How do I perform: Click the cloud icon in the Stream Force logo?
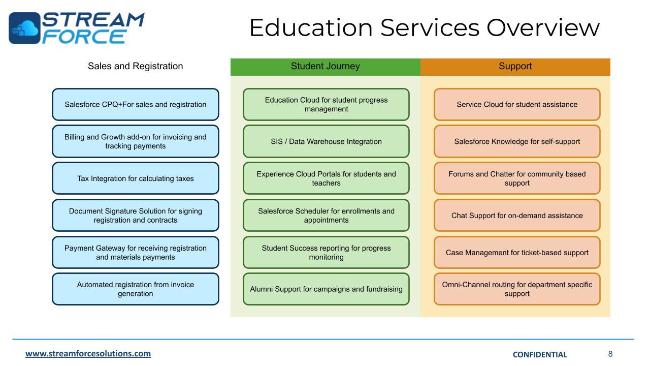[x=24, y=28]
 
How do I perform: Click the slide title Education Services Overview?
[x=424, y=27]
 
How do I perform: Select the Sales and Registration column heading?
[x=135, y=66]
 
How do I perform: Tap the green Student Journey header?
[x=325, y=67]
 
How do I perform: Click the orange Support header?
[x=515, y=67]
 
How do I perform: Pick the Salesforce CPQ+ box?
[x=136, y=105]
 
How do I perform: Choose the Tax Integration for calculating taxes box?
[x=136, y=178]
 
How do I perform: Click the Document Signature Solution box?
[x=136, y=216]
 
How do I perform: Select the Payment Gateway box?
[x=136, y=253]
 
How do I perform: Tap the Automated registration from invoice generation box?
[x=136, y=289]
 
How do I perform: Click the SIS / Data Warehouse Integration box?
[x=326, y=141]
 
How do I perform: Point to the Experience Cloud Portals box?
[x=326, y=178]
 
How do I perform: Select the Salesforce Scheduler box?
[x=326, y=216]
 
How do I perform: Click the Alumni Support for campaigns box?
[x=326, y=289]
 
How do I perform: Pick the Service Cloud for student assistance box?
[x=517, y=105]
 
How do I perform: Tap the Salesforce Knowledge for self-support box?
[x=517, y=141]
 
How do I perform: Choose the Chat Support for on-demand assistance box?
[x=517, y=216]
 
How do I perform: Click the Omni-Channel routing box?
[x=517, y=289]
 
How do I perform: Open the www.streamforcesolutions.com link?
[x=88, y=354]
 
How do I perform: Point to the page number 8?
[x=610, y=354]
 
